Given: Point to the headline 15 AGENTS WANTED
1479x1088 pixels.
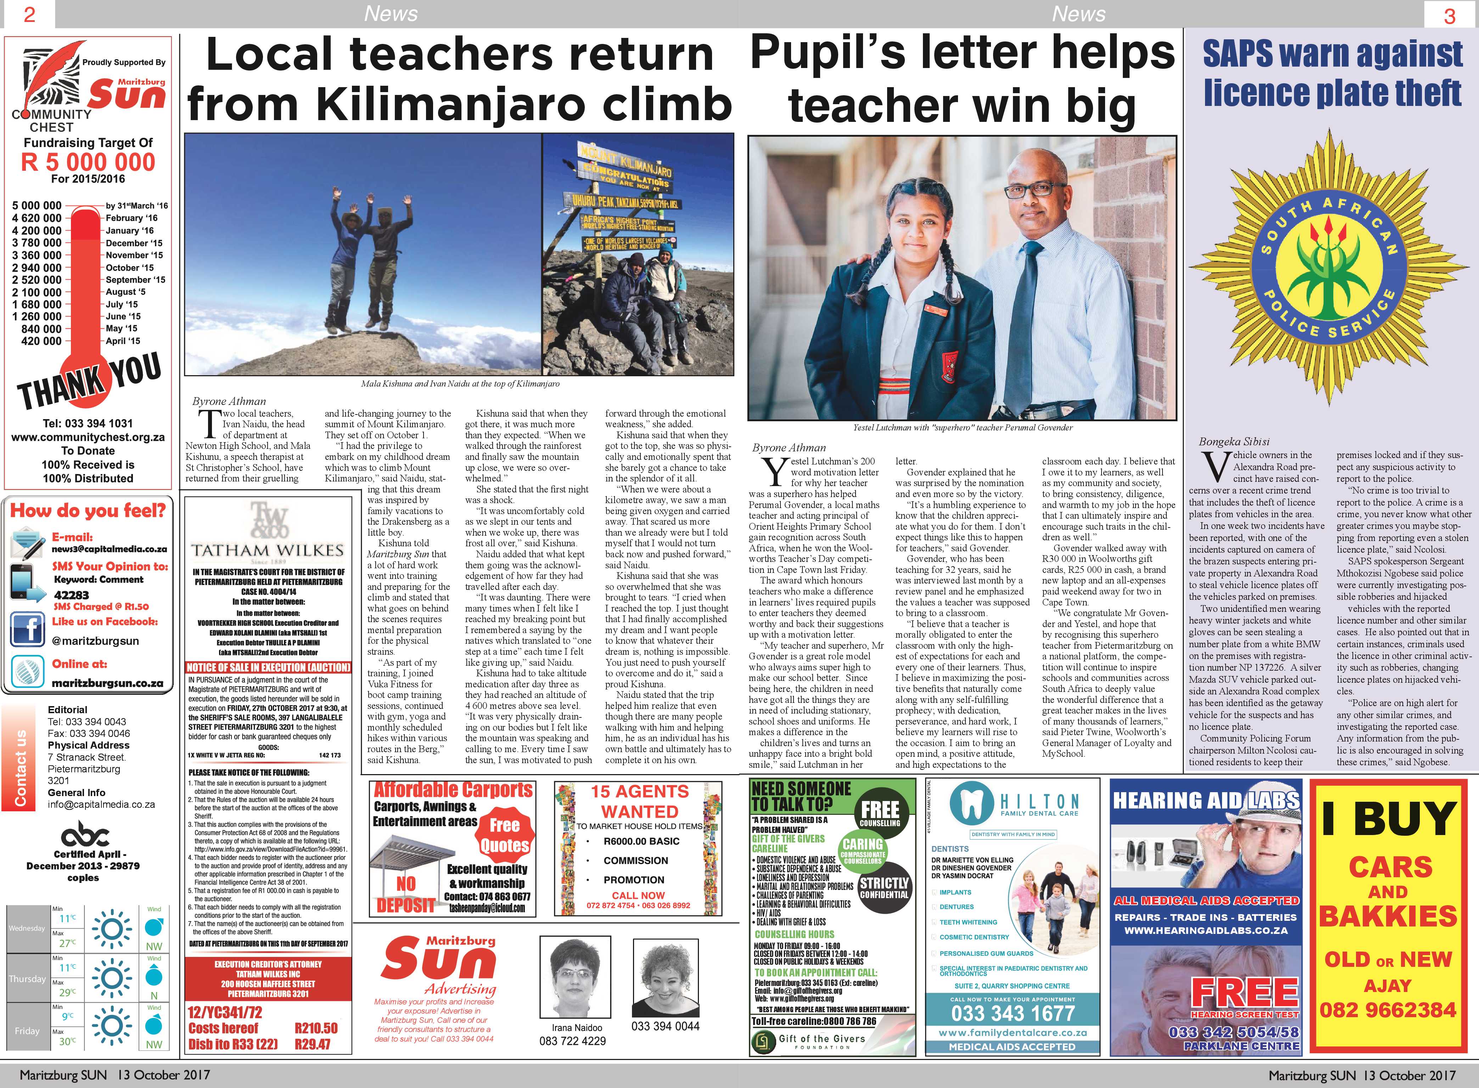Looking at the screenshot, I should coord(639,801).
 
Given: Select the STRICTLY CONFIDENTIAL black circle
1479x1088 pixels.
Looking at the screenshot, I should coord(884,888).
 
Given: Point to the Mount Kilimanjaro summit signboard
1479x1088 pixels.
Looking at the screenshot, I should coord(626,178).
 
